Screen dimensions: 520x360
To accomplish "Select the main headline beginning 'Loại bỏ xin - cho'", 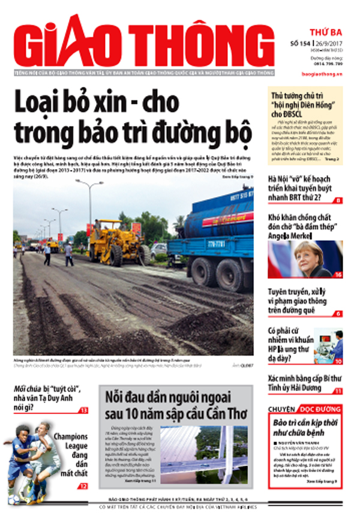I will pyautogui.click(x=132, y=116).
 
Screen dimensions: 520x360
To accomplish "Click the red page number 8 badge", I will pyautogui.click(x=338, y=200).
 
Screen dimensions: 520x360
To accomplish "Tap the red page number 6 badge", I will pyautogui.click(x=338, y=314).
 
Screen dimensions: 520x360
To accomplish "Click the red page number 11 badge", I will pyautogui.click(x=338, y=390).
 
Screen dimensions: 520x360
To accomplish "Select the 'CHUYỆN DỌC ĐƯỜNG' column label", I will pyautogui.click(x=304, y=410).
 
